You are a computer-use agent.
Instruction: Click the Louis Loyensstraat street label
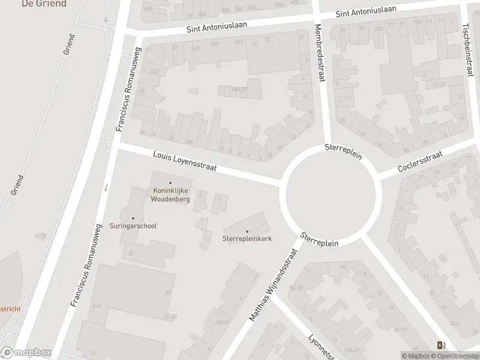coord(185,160)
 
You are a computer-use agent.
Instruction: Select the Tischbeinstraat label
coord(467,49)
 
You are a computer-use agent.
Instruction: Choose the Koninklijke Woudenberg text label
coord(170,195)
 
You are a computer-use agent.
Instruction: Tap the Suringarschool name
coord(133,226)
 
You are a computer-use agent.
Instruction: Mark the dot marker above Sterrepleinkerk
coord(247,231)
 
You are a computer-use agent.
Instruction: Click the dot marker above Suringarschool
coord(133,218)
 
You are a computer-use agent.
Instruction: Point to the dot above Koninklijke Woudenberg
coord(170,183)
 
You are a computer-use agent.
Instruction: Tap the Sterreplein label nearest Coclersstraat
coord(343,151)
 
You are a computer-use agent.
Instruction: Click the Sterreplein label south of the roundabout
coord(320,239)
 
